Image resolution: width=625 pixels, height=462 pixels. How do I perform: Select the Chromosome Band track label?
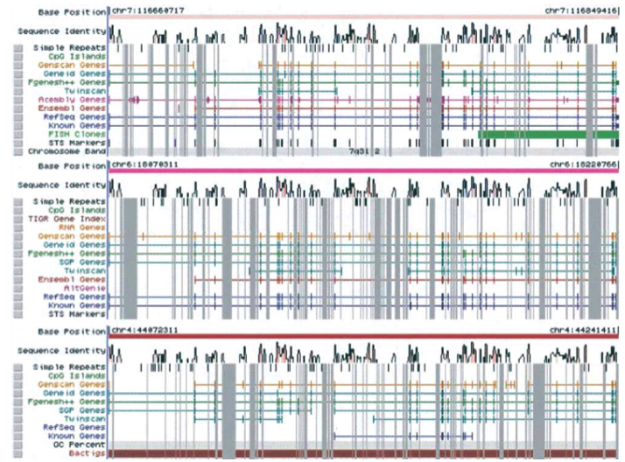[73, 150]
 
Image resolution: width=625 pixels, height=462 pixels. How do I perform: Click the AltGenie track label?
[86, 287]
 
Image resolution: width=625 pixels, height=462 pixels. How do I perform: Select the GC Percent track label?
[80, 444]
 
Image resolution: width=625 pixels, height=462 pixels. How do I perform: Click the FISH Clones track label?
[78, 133]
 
